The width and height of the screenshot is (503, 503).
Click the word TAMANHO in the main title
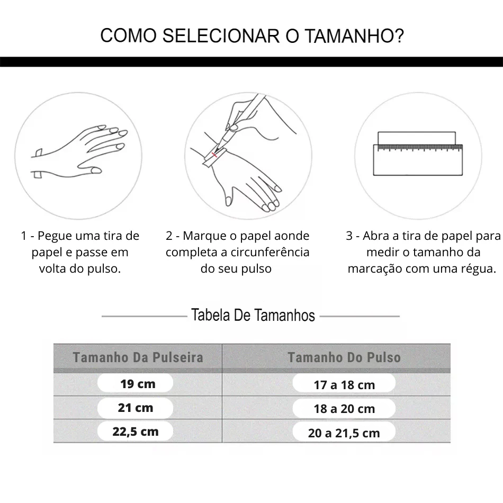click(353, 36)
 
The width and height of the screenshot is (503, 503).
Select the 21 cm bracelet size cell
click(136, 408)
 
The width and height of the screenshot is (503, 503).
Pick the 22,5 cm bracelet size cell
click(136, 432)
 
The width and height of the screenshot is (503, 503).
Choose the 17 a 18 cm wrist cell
click(344, 385)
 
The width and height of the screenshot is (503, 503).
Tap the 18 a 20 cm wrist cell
click(344, 409)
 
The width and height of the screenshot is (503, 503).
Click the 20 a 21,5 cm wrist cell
click(344, 433)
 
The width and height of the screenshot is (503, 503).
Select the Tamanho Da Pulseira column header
click(138, 357)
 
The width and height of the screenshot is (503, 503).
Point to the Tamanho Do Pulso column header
click(344, 357)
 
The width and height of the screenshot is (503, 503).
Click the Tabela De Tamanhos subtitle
click(253, 316)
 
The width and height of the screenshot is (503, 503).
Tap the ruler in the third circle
click(418, 159)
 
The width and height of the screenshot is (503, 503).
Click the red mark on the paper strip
click(214, 155)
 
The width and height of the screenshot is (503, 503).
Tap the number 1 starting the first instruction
click(23, 236)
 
